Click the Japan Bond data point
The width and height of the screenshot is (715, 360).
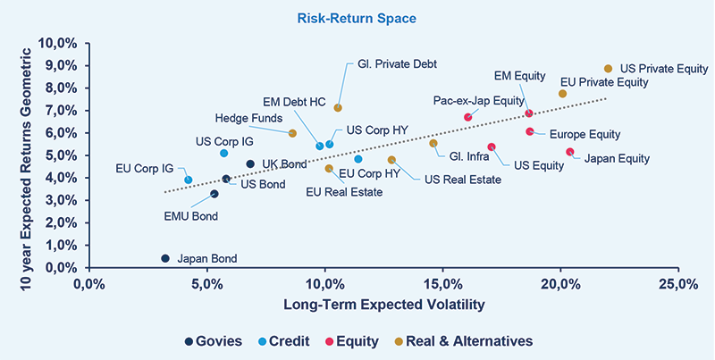(165, 258)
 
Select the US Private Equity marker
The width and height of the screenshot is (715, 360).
(608, 69)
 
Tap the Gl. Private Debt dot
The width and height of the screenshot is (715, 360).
(338, 108)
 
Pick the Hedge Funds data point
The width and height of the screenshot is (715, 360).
(292, 133)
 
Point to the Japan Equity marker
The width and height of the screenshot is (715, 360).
(569, 152)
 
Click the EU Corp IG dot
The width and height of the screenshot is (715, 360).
(189, 180)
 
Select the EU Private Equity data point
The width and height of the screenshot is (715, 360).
(562, 94)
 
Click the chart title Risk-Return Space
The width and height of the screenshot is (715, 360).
(357, 17)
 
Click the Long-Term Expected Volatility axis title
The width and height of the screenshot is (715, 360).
(383, 305)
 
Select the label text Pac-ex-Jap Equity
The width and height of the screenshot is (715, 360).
(478, 100)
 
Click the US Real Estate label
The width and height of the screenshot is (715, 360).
(462, 179)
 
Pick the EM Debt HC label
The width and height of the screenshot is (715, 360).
(294, 102)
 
